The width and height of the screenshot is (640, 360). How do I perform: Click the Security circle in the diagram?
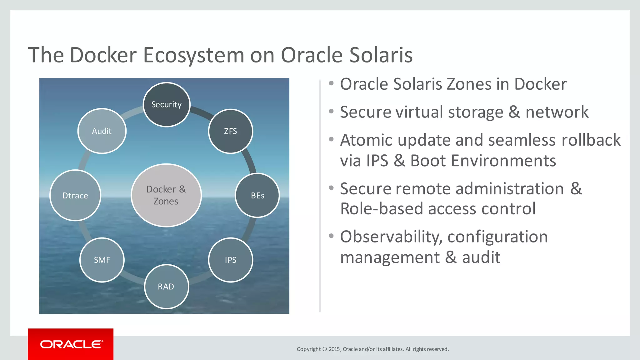[167, 105]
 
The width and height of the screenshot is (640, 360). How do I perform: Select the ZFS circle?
[231, 131]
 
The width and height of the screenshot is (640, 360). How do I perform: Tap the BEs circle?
[257, 196]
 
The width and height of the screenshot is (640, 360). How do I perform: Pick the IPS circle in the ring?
[231, 260]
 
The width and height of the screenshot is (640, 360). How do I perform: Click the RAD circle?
[166, 287]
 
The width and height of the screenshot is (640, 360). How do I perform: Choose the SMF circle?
[102, 260]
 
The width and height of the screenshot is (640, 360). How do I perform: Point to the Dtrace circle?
[75, 196]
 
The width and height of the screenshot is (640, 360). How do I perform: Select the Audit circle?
[102, 131]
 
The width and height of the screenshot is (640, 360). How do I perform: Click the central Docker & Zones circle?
[166, 195]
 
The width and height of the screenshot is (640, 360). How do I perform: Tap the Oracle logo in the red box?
[71, 344]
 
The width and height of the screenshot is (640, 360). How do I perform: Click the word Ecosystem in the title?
[193, 55]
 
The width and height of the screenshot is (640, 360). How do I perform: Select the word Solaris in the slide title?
[381, 55]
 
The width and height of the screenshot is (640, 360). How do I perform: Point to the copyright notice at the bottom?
[372, 349]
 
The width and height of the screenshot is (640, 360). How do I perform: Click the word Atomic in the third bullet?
[366, 140]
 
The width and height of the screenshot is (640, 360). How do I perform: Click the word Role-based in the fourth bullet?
[381, 209]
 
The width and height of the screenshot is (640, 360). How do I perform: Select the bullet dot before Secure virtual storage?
[331, 111]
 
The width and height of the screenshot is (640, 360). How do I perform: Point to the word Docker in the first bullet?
[540, 84]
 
